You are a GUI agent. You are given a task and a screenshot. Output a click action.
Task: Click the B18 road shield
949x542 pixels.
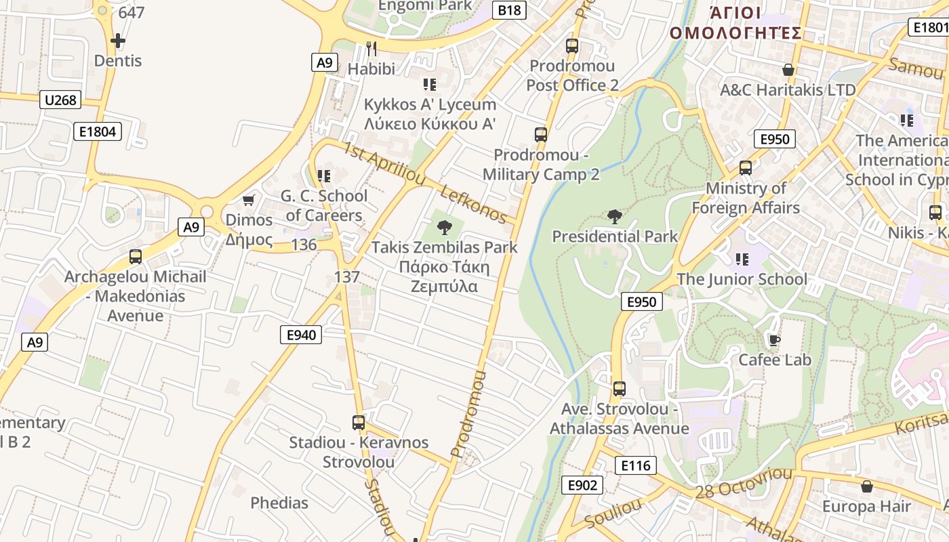(510, 9)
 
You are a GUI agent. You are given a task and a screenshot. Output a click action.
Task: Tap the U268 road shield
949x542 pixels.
(60, 100)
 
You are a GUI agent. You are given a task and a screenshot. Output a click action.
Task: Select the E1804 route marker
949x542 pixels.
(98, 131)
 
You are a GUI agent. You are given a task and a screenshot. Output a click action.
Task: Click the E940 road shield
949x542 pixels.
(301, 334)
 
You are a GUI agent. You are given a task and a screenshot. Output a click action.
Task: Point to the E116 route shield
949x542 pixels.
(636, 465)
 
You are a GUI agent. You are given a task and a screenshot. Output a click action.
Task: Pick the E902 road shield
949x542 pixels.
(582, 484)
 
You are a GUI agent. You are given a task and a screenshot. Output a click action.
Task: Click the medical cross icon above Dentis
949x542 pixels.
(118, 41)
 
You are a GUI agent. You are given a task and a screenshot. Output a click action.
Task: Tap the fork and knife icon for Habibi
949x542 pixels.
(371, 48)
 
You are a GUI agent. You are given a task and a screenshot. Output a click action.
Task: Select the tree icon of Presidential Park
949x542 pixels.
(614, 217)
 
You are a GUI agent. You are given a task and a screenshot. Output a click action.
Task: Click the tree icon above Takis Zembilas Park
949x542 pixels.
(445, 227)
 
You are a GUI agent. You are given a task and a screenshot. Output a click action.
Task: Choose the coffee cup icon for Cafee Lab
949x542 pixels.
(774, 340)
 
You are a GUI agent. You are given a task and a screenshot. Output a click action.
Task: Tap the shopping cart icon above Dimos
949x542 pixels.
(249, 200)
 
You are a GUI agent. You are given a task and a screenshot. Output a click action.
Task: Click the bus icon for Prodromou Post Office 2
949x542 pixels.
(572, 46)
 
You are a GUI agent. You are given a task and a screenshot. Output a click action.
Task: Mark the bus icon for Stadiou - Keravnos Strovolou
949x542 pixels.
(359, 423)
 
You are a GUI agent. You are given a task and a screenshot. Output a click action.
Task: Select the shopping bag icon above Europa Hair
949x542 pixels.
(866, 486)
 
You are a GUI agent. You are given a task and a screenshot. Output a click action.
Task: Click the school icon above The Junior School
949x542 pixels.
(742, 259)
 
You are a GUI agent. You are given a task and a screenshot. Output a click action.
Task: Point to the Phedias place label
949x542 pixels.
(279, 503)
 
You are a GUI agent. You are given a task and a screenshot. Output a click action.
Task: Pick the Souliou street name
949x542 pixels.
(613, 514)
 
